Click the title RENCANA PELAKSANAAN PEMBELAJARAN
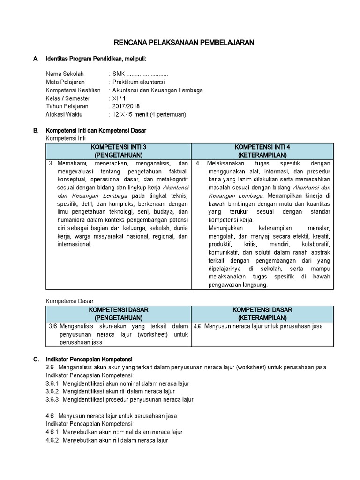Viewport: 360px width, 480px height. point(184,43)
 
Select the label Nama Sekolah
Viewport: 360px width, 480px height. point(65,74)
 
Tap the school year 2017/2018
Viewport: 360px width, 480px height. point(126,106)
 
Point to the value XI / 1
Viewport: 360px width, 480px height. point(119,98)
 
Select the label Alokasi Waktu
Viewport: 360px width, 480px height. point(65,114)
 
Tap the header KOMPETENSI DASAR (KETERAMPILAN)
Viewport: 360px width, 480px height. point(262,314)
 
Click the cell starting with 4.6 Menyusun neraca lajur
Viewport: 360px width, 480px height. point(258,326)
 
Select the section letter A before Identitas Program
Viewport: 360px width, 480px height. point(35,59)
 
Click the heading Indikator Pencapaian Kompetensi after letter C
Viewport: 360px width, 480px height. point(89,359)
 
